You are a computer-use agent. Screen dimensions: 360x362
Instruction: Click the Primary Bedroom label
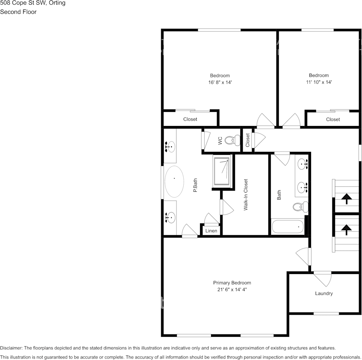(232, 283)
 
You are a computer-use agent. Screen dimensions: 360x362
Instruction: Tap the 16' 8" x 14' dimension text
(220, 82)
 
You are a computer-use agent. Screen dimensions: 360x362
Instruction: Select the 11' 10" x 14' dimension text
(319, 82)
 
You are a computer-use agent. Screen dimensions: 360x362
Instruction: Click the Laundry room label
(324, 293)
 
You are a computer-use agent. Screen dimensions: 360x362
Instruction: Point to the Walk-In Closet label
(246, 195)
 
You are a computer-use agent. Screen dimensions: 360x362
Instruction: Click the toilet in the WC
(230, 141)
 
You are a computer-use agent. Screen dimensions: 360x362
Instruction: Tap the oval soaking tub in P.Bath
(175, 181)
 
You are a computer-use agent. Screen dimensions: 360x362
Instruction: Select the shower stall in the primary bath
(222, 172)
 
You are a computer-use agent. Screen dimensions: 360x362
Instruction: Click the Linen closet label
(211, 231)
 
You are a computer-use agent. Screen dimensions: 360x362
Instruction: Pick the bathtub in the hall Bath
(288, 227)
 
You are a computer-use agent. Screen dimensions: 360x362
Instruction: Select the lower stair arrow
(346, 229)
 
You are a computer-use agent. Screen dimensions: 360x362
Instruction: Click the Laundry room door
(323, 279)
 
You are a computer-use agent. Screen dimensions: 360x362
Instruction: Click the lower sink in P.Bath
(171, 218)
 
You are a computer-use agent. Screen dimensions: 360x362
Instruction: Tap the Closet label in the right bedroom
(333, 119)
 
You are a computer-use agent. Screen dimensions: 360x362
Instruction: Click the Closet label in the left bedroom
(190, 119)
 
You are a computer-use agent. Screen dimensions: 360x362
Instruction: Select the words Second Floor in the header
(18, 12)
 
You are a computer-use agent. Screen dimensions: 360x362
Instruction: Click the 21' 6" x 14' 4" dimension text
(232, 290)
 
